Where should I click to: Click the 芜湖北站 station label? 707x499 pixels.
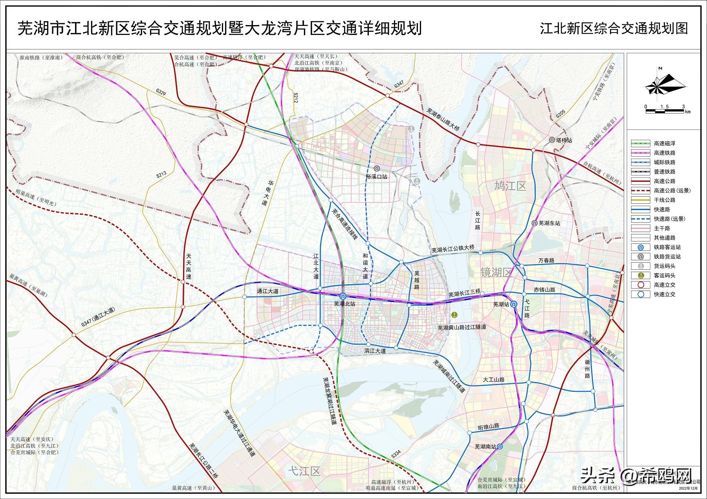coord(344,303)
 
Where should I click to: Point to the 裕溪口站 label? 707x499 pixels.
coord(376,176)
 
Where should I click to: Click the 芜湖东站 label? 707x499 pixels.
coord(549,223)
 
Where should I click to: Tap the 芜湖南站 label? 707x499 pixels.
coord(485,446)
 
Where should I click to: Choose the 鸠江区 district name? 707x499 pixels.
coord(510,185)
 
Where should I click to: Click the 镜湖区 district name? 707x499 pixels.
coord(497,272)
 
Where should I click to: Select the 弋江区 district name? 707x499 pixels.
coord(304,471)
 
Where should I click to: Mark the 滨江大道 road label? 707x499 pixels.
coord(375,351)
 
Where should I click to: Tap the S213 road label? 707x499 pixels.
coord(161,174)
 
